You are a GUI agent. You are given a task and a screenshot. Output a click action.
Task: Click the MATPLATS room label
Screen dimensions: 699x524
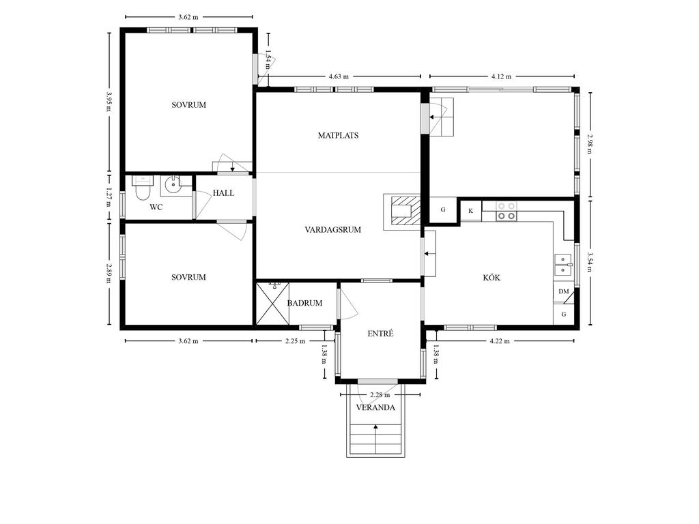point(338,136)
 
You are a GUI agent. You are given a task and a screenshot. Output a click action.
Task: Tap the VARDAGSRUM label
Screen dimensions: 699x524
point(332,230)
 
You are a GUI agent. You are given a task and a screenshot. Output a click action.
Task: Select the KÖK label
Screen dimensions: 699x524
point(491,278)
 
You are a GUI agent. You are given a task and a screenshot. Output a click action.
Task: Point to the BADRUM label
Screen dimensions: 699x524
point(304,303)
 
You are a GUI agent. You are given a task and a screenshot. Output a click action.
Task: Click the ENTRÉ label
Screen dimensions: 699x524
point(380,333)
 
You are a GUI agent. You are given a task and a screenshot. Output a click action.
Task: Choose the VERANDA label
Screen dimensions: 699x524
point(375,407)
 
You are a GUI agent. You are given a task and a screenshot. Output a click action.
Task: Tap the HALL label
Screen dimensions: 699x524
point(223,193)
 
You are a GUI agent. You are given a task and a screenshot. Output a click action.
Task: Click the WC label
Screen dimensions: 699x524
point(156,207)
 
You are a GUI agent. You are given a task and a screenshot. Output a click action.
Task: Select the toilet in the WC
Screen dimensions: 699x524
point(143,188)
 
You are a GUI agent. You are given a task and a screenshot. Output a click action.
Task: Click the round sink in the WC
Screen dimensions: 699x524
point(171,185)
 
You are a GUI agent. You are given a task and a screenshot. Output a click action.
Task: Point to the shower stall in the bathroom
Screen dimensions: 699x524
point(273,304)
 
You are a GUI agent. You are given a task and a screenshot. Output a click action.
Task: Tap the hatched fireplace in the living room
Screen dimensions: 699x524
point(402,212)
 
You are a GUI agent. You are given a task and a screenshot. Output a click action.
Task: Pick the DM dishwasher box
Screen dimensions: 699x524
point(563,292)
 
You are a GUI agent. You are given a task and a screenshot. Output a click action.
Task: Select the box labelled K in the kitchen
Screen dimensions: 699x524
point(471,211)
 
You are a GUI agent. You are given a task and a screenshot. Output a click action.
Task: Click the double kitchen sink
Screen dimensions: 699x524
point(563,265)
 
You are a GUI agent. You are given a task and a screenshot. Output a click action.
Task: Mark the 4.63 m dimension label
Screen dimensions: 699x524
point(339,76)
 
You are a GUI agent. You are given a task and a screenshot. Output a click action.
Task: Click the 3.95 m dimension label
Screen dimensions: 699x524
point(109,102)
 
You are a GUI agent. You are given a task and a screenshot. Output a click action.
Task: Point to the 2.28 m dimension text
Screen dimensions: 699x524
point(380,395)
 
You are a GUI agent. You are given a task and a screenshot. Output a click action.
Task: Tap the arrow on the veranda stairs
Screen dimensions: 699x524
point(376,439)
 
